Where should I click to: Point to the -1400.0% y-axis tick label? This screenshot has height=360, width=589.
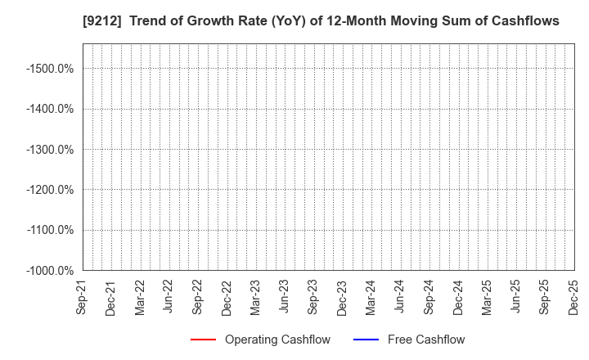pos(51,109)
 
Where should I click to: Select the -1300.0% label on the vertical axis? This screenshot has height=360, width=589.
pos(51,149)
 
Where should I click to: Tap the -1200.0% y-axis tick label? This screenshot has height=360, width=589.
pos(51,190)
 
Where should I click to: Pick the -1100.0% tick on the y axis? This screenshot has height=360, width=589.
pos(51,230)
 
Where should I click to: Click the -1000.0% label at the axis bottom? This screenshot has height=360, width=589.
pos(51,270)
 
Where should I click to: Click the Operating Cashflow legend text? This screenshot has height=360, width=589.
pos(277,340)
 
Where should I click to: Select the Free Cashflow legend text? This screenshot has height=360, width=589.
pos(427,340)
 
